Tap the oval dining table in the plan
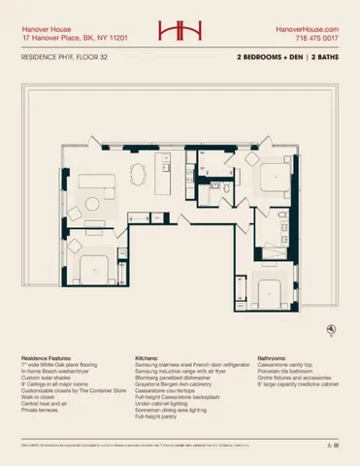click(x=136, y=179)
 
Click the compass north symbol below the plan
click(x=333, y=330)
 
